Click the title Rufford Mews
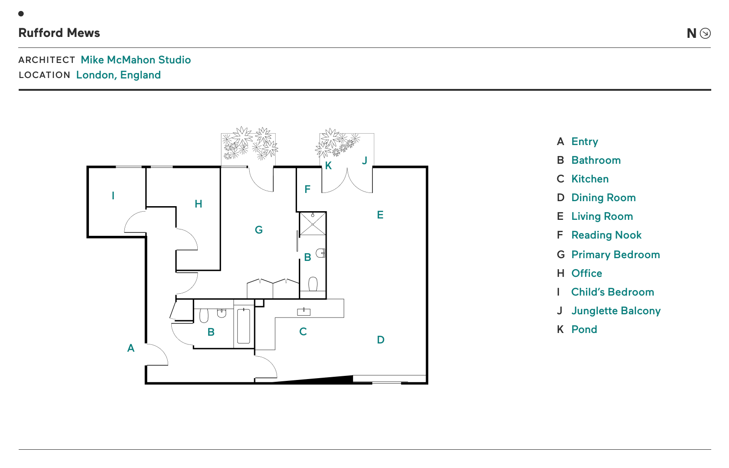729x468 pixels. click(x=59, y=33)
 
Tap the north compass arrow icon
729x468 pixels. click(x=705, y=33)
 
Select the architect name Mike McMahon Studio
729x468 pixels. click(x=136, y=60)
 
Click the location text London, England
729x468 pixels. click(x=118, y=75)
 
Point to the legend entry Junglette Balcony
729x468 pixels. click(x=616, y=311)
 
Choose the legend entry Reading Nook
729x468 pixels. click(x=606, y=235)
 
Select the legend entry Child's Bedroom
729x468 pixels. click(x=612, y=292)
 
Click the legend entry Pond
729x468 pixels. click(x=584, y=329)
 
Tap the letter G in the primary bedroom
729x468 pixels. click(x=259, y=230)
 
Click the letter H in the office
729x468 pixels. click(x=199, y=204)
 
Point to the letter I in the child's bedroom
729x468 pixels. click(x=113, y=196)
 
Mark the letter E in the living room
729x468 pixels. click(x=380, y=215)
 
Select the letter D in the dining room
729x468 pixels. click(x=381, y=340)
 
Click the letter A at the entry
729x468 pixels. click(x=131, y=348)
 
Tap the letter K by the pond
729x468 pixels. click(x=329, y=166)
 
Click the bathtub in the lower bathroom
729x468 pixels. click(x=243, y=326)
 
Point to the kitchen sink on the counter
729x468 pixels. click(x=303, y=312)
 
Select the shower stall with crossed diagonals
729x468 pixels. click(x=313, y=224)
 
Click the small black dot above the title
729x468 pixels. click(x=21, y=14)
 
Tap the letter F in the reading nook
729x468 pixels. click(x=308, y=189)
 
